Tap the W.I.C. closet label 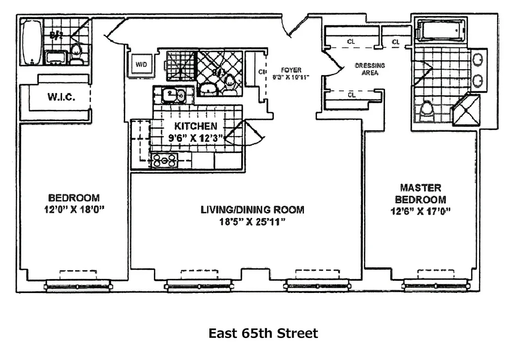[x=61, y=97]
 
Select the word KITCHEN [x=196, y=126]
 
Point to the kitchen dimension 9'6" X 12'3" [x=196, y=138]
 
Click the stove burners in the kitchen [x=165, y=160]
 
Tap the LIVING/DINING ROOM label [x=252, y=210]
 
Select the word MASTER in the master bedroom [x=421, y=187]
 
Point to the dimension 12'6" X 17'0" [x=421, y=211]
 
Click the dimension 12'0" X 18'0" [x=74, y=209]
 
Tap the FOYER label [x=291, y=70]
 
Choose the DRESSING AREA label [x=370, y=69]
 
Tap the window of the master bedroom [x=435, y=285]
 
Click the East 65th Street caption [x=263, y=333]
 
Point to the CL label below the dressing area [x=351, y=95]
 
